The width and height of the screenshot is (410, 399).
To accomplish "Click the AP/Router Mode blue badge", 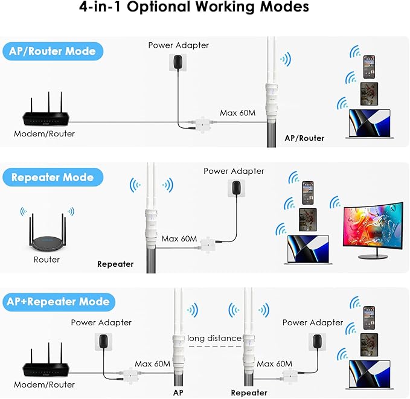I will tap(53, 51).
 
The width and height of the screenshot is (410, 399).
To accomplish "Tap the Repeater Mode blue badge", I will tap(53, 177).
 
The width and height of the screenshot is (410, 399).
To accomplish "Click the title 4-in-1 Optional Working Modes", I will tap(194, 8).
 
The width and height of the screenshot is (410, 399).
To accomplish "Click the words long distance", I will tap(214, 338).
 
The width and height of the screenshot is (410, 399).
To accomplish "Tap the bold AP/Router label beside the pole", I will tap(304, 138).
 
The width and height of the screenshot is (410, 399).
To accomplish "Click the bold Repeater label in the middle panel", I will tap(115, 264).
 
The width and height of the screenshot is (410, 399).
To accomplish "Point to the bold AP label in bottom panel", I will tap(178, 392).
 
